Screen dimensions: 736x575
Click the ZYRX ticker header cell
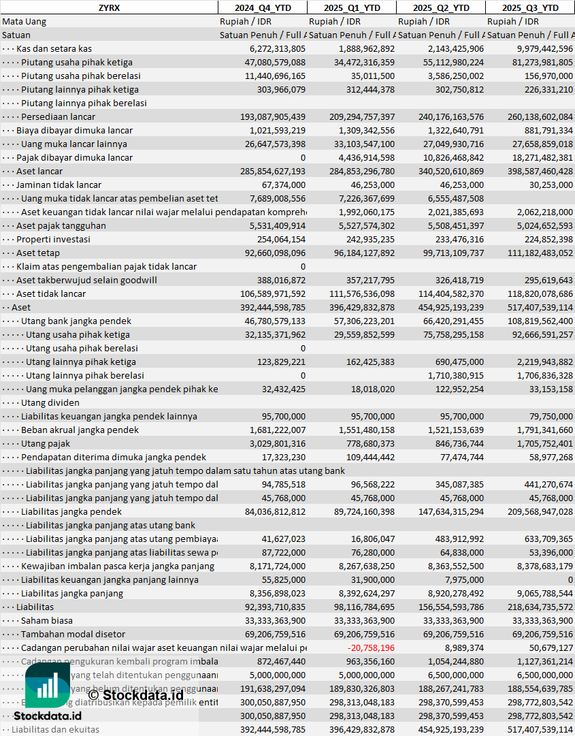[109, 7]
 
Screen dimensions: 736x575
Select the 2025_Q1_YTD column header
[352, 7]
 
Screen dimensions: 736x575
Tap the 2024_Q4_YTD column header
[263, 7]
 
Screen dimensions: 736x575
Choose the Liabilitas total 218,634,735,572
[531, 607]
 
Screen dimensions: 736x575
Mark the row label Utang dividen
[50, 402]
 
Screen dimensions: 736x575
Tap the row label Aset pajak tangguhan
[61, 225]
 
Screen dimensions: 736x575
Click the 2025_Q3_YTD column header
[530, 7]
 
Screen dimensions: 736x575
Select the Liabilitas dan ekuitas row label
[55, 729]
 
